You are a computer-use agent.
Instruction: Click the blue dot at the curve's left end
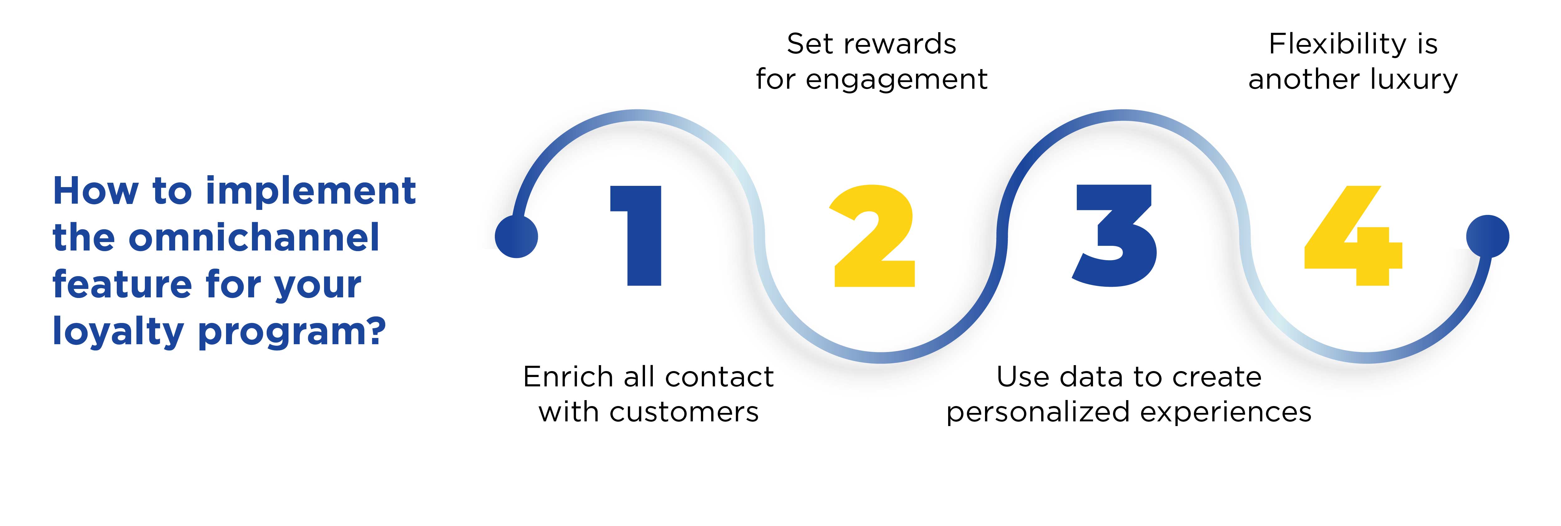(516, 236)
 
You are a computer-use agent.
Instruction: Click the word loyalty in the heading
(118, 331)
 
